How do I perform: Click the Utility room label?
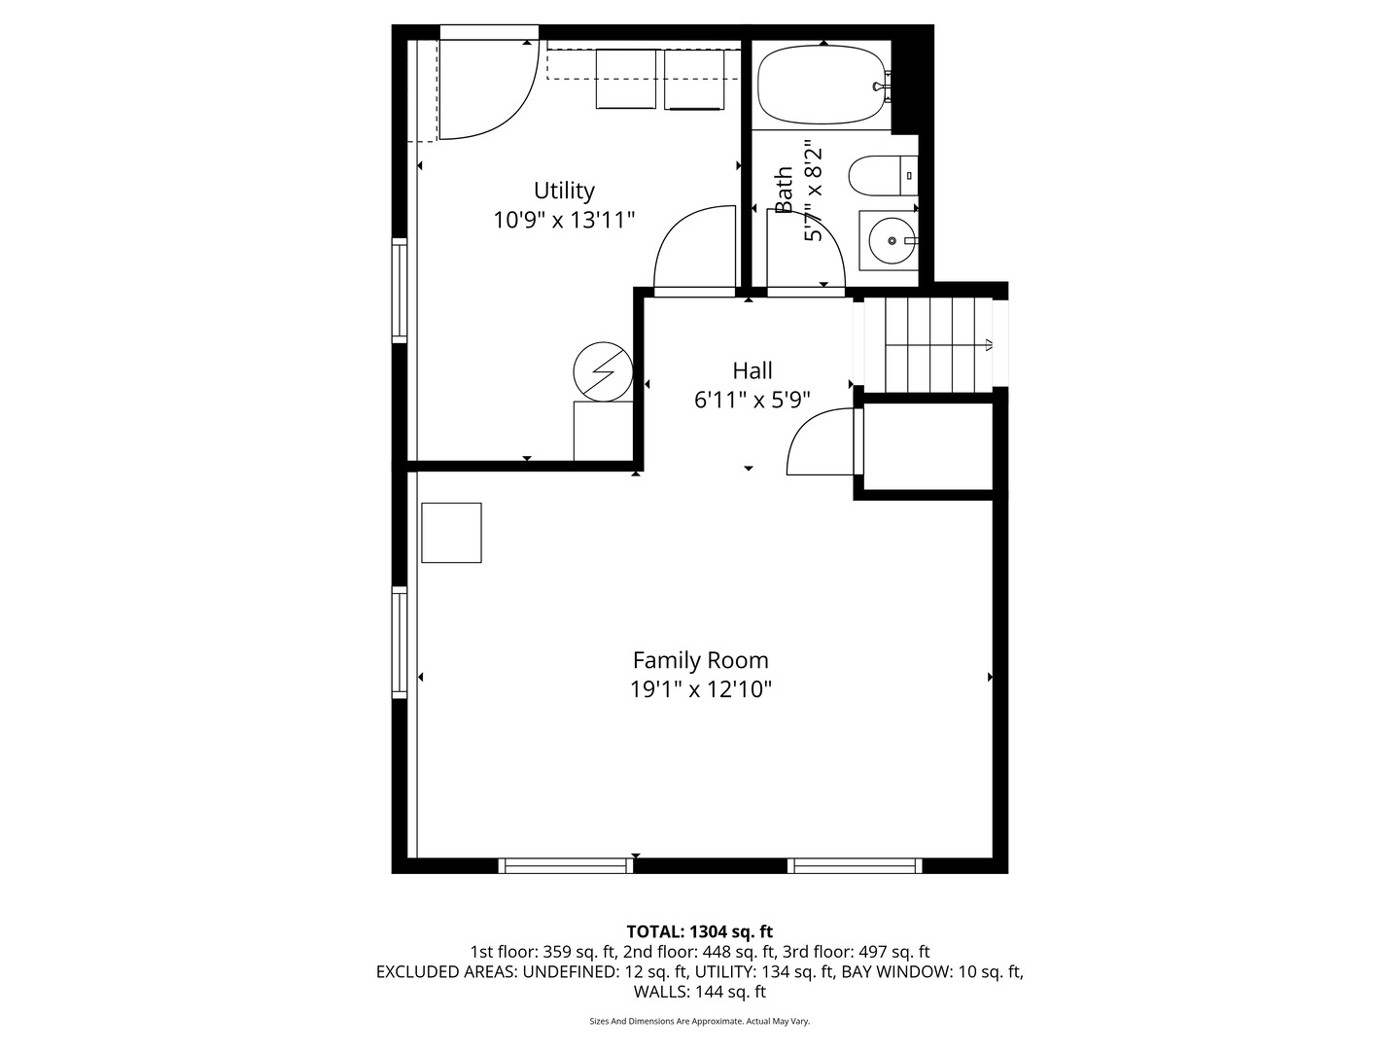[x=564, y=191]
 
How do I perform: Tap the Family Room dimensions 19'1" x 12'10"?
[x=700, y=690]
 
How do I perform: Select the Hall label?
[x=752, y=370]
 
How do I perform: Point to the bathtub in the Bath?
[x=822, y=86]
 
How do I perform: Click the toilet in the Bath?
[x=880, y=177]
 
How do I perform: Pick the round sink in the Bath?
[x=890, y=239]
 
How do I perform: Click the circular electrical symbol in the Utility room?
[x=603, y=370]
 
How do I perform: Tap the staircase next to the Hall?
[x=931, y=343]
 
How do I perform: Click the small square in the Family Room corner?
[x=451, y=533]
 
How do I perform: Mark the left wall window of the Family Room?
[x=400, y=642]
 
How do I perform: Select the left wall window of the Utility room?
[x=400, y=290]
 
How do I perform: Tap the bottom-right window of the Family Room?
[x=855, y=865]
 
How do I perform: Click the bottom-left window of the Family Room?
[x=566, y=865]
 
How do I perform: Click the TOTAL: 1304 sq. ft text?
[x=700, y=932]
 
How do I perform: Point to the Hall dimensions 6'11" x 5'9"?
[x=752, y=400]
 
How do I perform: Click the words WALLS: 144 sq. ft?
[x=700, y=992]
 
